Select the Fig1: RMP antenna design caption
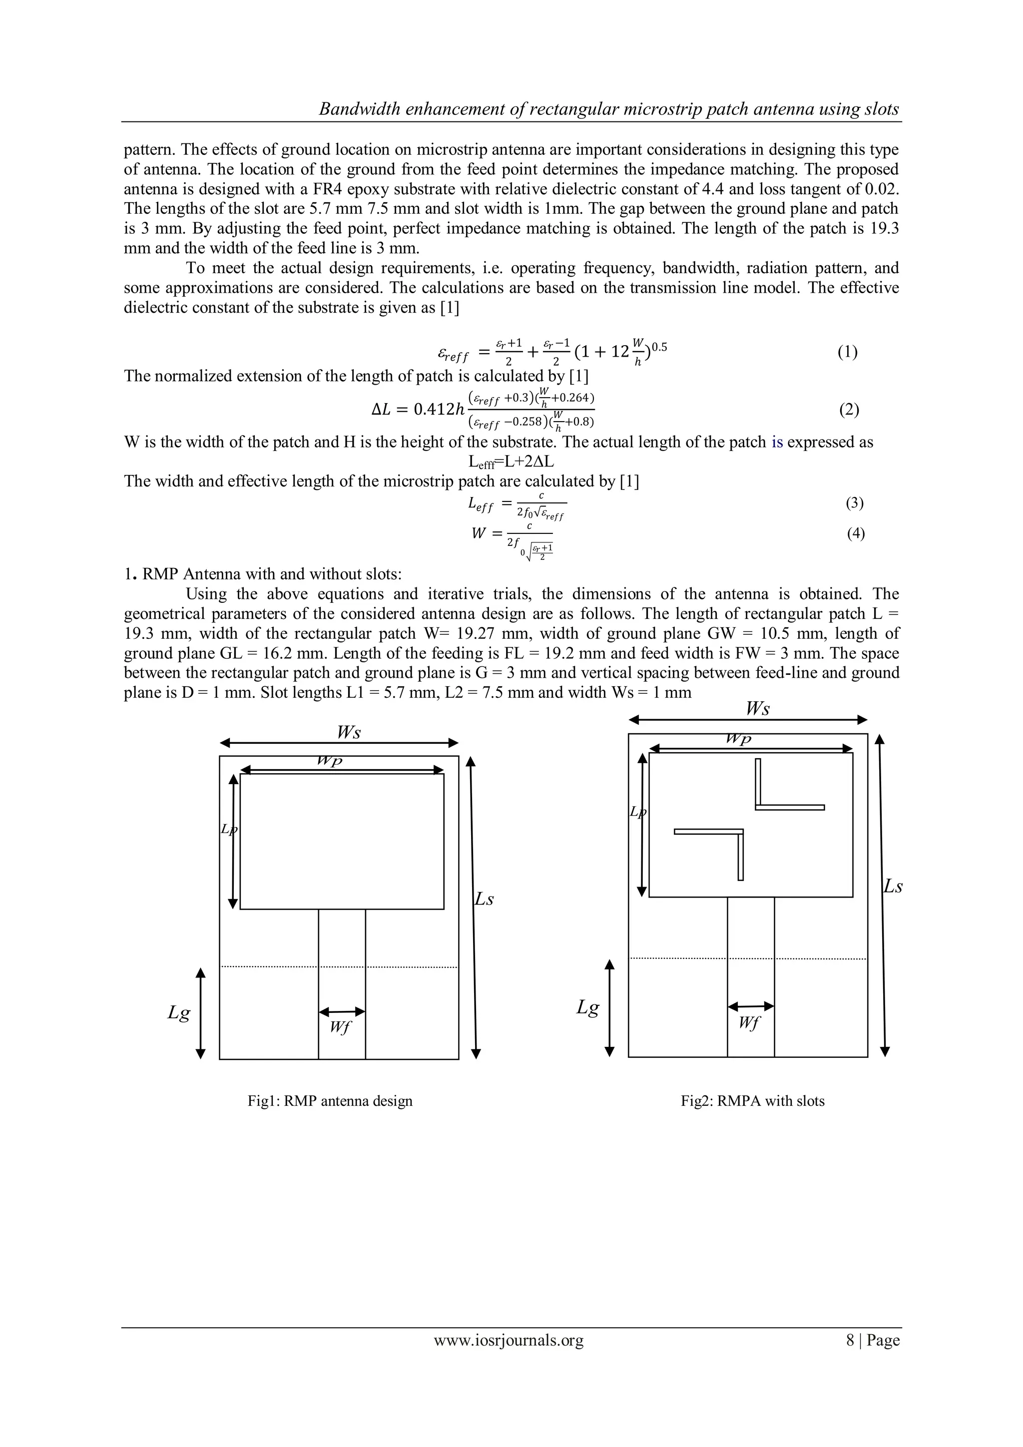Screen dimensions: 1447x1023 tap(330, 1100)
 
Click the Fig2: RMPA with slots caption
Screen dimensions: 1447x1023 tap(752, 1100)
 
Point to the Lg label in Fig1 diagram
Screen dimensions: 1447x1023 tap(178, 1013)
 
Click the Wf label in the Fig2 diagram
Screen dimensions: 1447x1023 tap(748, 1023)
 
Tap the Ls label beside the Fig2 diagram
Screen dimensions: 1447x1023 tap(893, 886)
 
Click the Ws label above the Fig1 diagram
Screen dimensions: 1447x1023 tap(349, 732)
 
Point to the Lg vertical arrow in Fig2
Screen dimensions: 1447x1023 tap(609, 1008)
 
